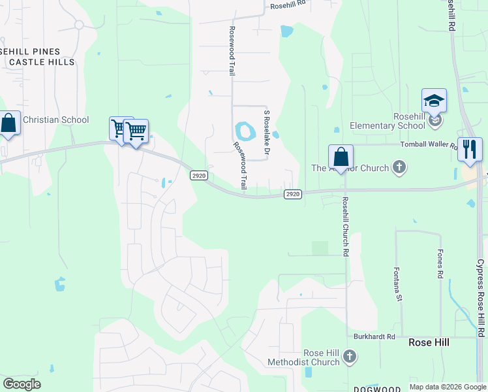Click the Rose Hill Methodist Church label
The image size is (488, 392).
point(304,357)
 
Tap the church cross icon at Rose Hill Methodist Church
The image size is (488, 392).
point(350,357)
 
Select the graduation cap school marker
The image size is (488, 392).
point(434,101)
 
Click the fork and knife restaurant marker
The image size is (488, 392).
point(470,150)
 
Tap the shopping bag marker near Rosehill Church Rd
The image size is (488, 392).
point(341,157)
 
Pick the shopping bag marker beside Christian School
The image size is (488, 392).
point(8,123)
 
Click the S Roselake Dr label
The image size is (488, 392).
point(266,131)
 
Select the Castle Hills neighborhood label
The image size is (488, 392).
point(42,62)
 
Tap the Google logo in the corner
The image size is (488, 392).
point(22,384)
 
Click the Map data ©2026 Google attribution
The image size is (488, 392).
point(447,387)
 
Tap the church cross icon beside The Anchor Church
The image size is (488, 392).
point(399,168)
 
